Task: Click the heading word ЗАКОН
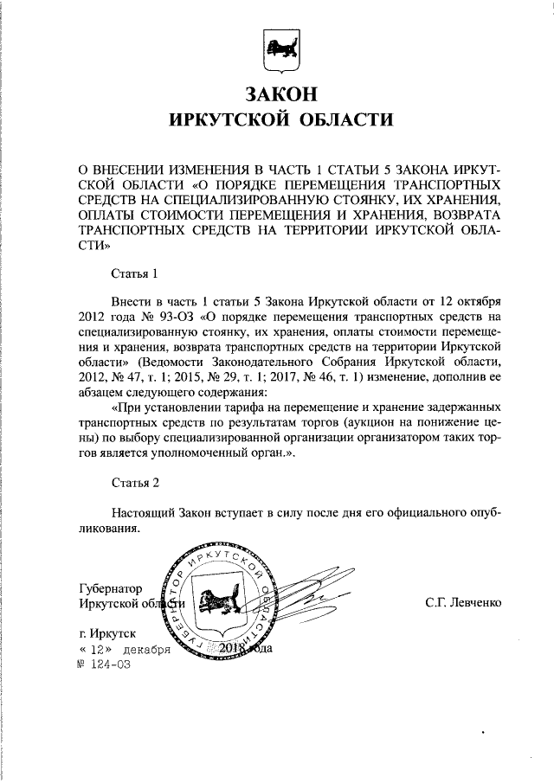[277, 93]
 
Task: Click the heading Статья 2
[134, 481]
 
